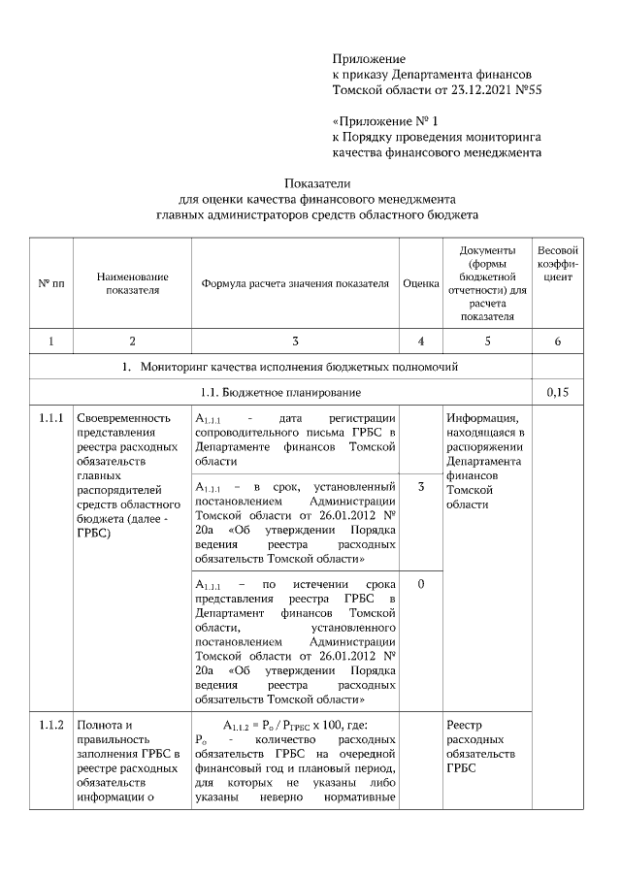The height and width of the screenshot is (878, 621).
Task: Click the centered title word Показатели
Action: [316, 183]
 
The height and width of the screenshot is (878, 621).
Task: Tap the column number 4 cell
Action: [420, 341]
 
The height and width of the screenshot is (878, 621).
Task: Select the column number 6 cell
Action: [558, 341]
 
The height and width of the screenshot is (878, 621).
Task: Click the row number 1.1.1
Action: [50, 418]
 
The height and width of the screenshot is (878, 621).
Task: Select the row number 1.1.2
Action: [50, 725]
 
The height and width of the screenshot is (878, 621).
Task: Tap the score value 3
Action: [420, 485]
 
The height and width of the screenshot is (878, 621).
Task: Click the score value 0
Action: [420, 585]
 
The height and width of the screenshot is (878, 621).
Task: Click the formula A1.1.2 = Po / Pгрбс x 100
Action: [295, 725]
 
